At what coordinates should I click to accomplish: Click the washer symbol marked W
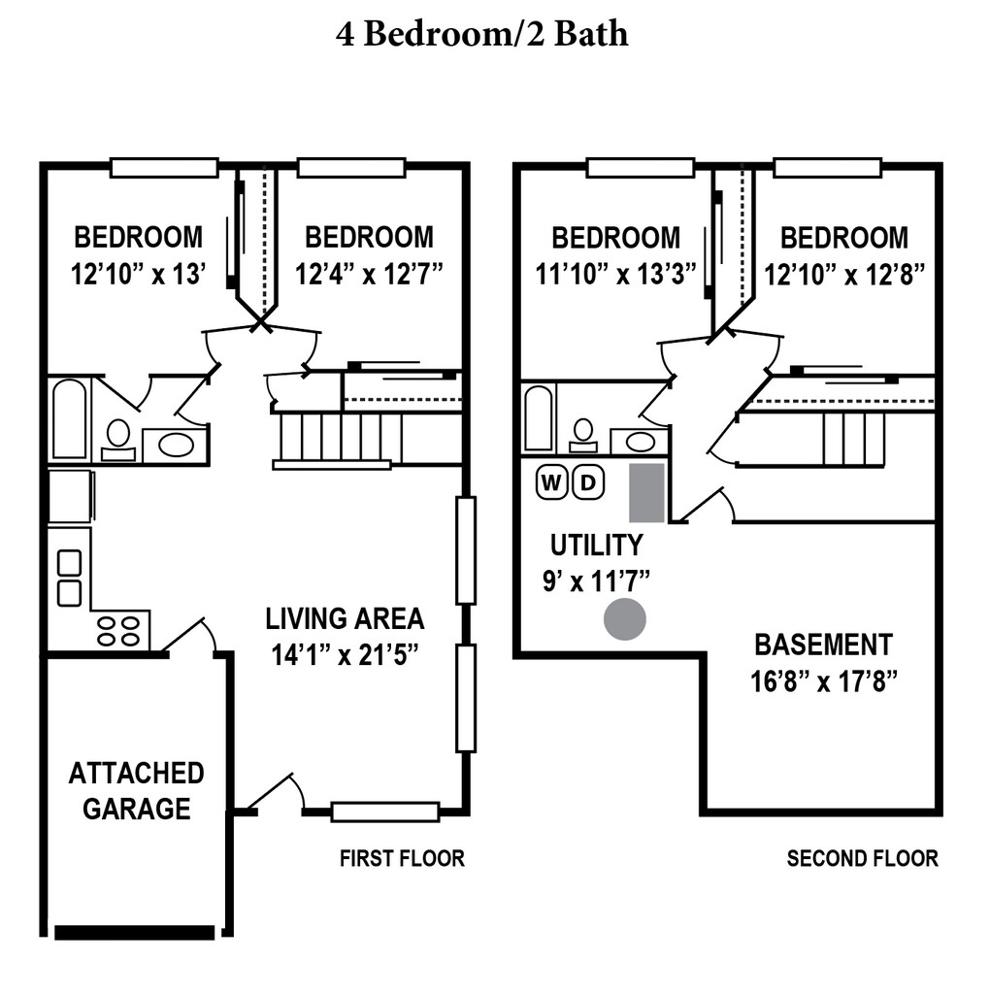(551, 483)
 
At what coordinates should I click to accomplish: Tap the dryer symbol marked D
(588, 483)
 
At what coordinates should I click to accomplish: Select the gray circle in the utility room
(624, 618)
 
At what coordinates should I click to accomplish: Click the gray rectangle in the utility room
(646, 492)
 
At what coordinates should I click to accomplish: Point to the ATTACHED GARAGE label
(136, 791)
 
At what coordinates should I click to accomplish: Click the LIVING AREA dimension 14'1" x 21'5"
(345, 655)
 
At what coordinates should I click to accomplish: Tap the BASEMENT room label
(823, 645)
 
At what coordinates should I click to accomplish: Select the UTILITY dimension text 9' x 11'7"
(596, 580)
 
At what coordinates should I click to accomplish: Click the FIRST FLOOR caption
(402, 858)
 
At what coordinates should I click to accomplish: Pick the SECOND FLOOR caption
(862, 858)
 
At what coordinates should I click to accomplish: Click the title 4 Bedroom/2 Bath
(481, 34)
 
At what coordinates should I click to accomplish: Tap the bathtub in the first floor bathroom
(69, 418)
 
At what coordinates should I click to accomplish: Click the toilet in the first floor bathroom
(117, 440)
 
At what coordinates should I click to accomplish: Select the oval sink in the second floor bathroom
(641, 442)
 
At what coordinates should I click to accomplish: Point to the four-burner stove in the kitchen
(119, 629)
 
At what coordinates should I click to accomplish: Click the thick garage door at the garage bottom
(134, 933)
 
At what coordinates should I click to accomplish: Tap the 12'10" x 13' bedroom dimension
(138, 275)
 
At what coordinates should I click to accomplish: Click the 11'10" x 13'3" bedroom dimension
(615, 275)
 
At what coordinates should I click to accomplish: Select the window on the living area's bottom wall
(385, 812)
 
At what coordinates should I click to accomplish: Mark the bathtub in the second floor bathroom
(540, 418)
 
